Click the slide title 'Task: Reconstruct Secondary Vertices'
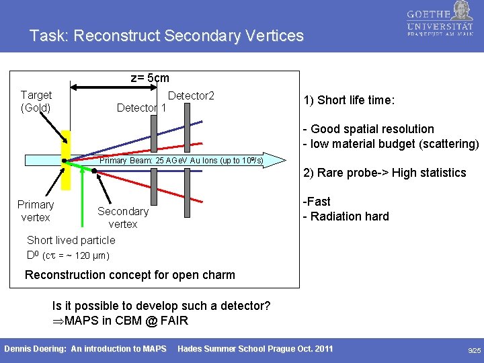tap(166, 36)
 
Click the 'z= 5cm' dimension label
tap(149, 78)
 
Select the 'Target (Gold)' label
tap(36, 102)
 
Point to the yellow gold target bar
tap(66, 161)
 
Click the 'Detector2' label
tap(191, 96)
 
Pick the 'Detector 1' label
tap(141, 108)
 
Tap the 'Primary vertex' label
tap(36, 210)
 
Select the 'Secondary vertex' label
tap(123, 217)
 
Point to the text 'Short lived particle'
tap(71, 240)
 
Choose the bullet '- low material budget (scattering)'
tap(391, 143)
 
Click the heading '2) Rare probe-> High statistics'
tap(385, 173)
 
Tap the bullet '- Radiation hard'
tap(346, 216)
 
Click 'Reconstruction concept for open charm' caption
tap(130, 274)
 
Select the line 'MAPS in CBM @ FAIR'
tap(120, 320)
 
